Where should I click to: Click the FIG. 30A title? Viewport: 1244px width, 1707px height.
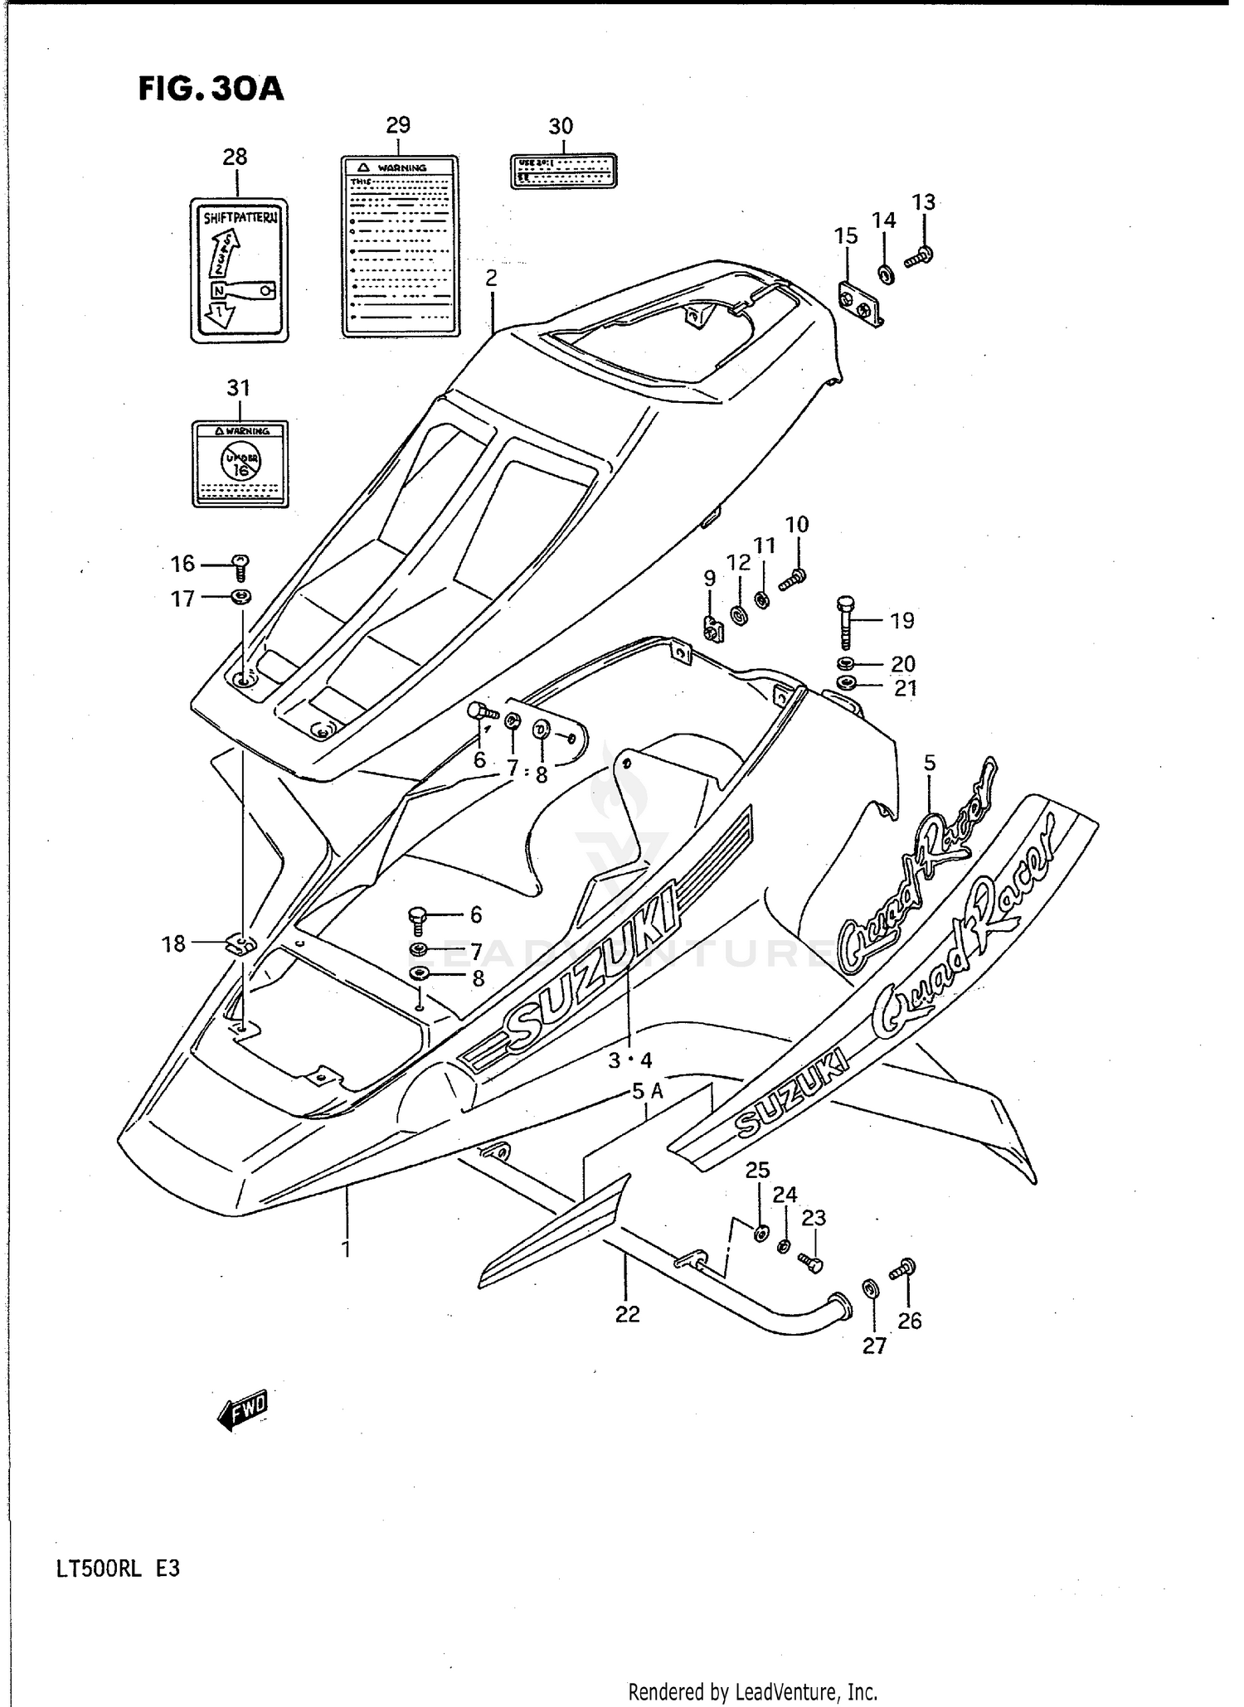(211, 90)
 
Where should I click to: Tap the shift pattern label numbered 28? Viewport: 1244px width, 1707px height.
(239, 270)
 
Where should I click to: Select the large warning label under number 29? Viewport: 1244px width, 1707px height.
(400, 246)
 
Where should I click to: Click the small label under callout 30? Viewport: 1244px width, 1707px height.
(562, 170)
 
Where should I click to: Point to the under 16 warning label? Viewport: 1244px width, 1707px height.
(240, 463)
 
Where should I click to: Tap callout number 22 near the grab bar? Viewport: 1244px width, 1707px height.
(627, 1314)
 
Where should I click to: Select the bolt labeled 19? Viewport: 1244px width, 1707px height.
(845, 622)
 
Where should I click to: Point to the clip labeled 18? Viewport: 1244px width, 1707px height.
(241, 943)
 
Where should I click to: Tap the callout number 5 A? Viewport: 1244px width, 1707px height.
(647, 1092)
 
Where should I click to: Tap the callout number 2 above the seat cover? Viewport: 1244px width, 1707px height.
(491, 278)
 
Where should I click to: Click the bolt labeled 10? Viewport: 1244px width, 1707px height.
(794, 577)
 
